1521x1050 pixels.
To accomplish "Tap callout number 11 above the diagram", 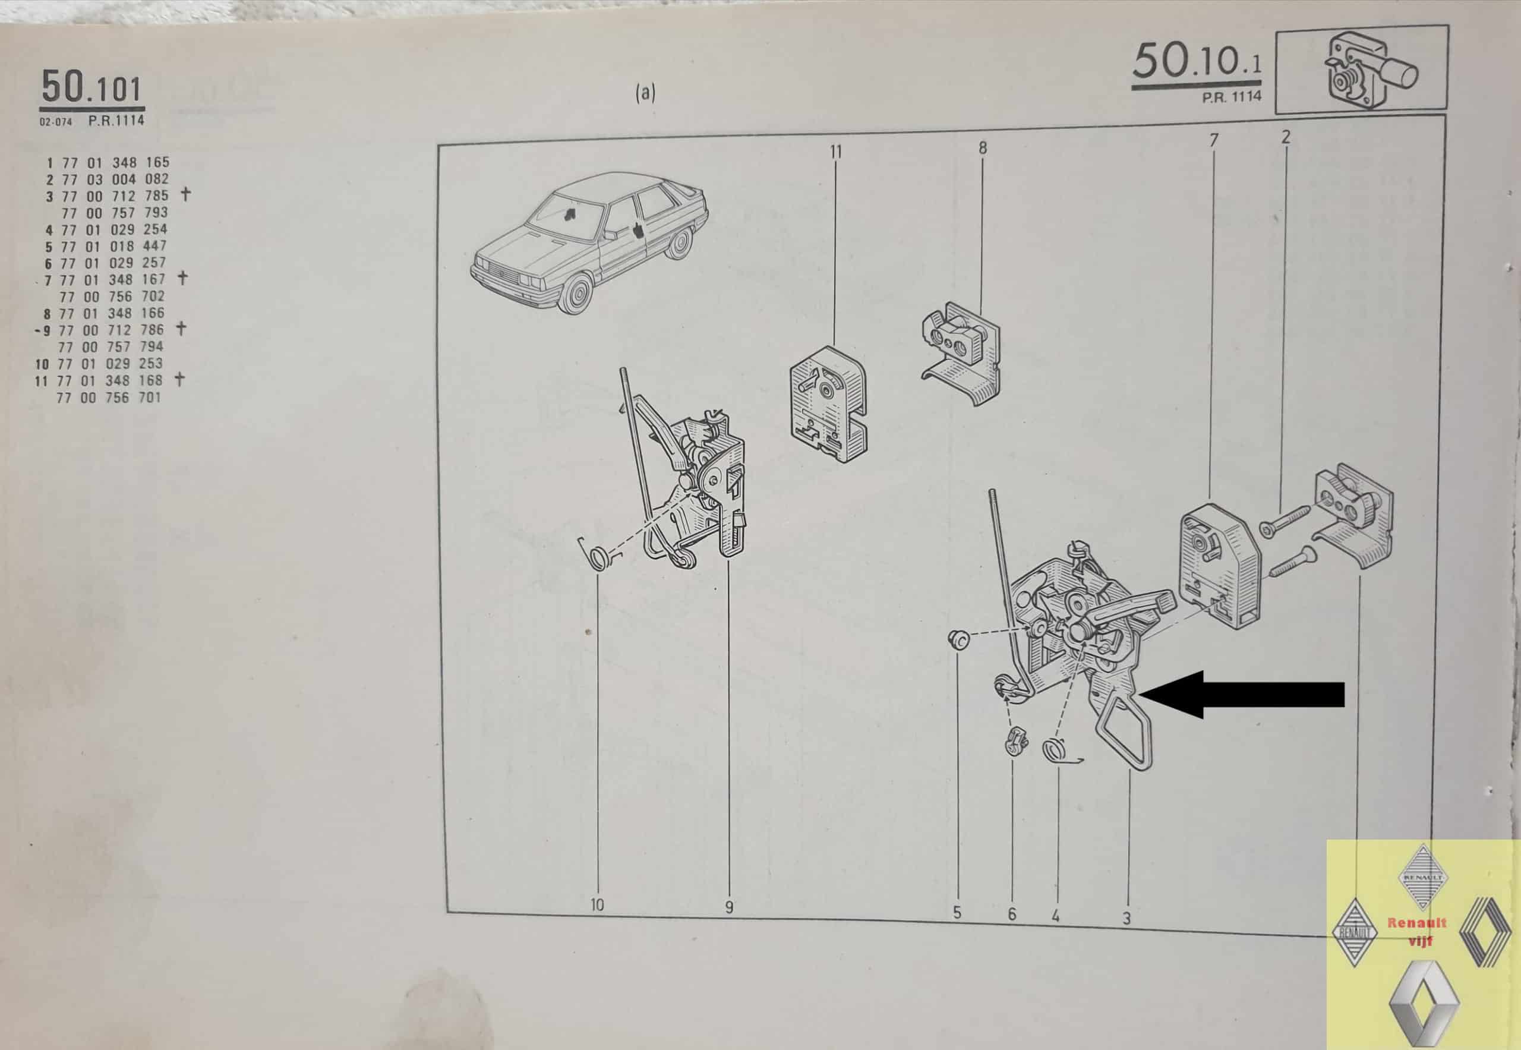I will point(835,152).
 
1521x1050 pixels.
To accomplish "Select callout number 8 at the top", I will point(983,148).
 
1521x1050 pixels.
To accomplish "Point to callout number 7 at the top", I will point(1214,140).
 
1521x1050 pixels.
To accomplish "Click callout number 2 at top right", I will point(1286,137).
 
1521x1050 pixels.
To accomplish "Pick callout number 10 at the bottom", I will point(597,904).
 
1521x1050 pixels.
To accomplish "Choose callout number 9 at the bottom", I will point(729,907).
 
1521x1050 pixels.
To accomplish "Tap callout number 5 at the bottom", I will point(957,913).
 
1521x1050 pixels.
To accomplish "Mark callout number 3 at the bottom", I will point(1127,917).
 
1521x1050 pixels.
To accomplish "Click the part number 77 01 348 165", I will point(116,162).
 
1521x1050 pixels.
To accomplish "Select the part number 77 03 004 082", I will point(116,179).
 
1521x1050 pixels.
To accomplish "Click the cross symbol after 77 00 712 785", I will point(185,194).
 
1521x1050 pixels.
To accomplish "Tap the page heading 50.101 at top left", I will point(91,88).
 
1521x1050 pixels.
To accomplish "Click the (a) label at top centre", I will point(645,93).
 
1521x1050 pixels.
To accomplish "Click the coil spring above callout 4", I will point(1058,750).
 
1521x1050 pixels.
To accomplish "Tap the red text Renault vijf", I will point(1417,931).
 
